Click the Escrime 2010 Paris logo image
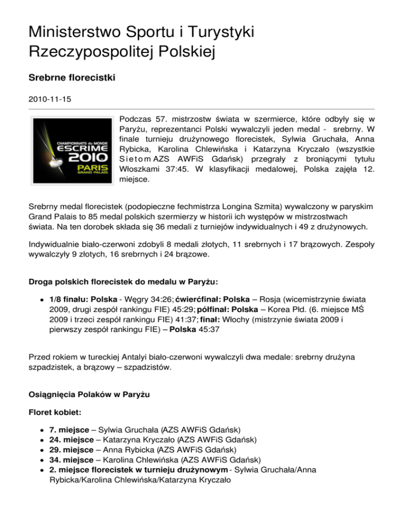point(72,148)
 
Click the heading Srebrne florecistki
point(72,77)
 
